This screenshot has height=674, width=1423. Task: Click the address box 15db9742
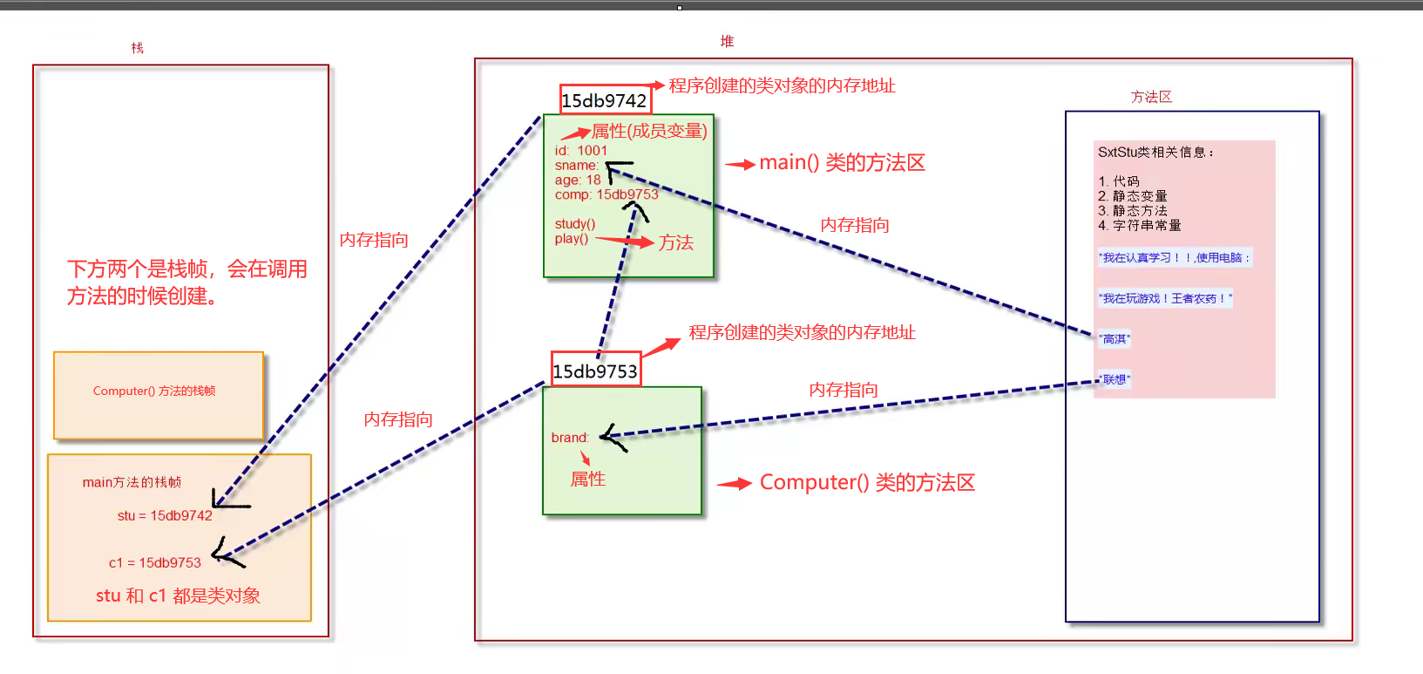click(x=605, y=100)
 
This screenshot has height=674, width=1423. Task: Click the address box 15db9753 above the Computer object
click(x=596, y=371)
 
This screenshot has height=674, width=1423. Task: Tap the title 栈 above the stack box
click(x=137, y=48)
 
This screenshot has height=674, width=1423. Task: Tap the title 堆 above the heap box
click(x=727, y=41)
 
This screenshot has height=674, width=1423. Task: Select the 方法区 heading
click(x=1151, y=97)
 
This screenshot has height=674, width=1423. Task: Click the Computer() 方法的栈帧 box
click(x=158, y=394)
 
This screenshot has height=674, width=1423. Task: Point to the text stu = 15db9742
click(x=165, y=515)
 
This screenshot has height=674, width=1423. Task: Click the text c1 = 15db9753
click(x=155, y=562)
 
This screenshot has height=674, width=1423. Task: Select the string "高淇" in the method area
click(x=1115, y=339)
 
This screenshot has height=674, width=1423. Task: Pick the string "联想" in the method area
click(x=1115, y=379)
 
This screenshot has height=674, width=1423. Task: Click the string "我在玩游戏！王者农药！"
click(x=1165, y=298)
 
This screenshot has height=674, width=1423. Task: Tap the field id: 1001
click(x=581, y=151)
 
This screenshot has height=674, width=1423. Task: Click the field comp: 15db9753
click(x=606, y=194)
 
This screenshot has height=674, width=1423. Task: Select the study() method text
click(x=575, y=224)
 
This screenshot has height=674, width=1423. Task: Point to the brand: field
click(x=570, y=438)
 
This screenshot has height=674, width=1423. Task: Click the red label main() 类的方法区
click(x=842, y=163)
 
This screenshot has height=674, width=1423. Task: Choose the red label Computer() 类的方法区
click(x=867, y=482)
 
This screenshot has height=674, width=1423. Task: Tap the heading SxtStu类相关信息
click(x=1155, y=152)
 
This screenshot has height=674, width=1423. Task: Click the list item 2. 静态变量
click(x=1133, y=196)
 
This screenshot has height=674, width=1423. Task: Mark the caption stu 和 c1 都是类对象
click(x=178, y=596)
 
